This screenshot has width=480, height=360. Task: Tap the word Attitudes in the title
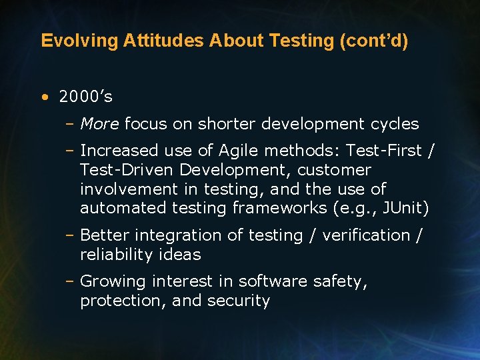(x=163, y=41)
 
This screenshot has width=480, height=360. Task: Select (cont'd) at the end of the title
(x=374, y=41)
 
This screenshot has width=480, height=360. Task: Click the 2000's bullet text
(x=85, y=97)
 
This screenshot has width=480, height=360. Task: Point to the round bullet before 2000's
(x=44, y=97)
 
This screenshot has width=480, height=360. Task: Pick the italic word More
(x=99, y=124)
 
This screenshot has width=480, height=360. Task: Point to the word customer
(x=334, y=170)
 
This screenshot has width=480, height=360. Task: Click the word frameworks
(x=279, y=208)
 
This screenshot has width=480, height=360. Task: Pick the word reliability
(x=115, y=255)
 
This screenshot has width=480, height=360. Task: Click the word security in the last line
(x=238, y=301)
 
